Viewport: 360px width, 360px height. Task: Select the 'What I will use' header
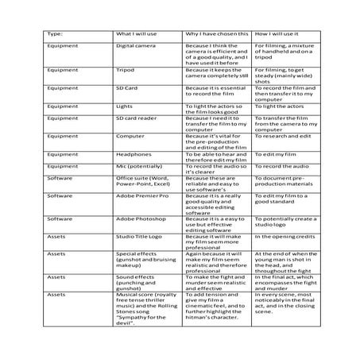137,35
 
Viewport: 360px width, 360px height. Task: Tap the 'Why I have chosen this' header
216,35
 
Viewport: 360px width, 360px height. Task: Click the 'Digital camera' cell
134,48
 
